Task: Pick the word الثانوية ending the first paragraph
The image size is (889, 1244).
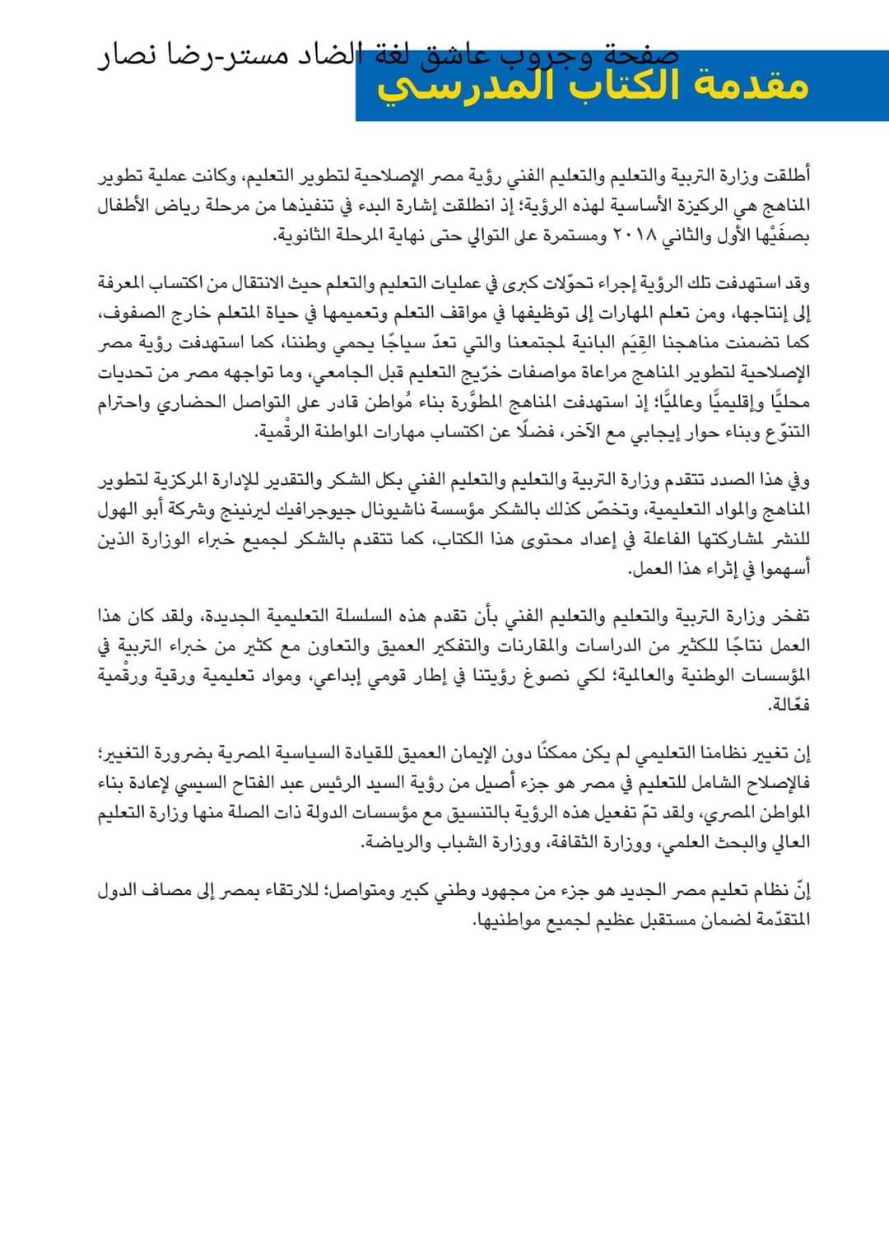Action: click(x=304, y=236)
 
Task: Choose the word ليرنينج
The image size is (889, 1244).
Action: click(x=248, y=510)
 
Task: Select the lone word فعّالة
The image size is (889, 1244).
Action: click(x=789, y=706)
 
